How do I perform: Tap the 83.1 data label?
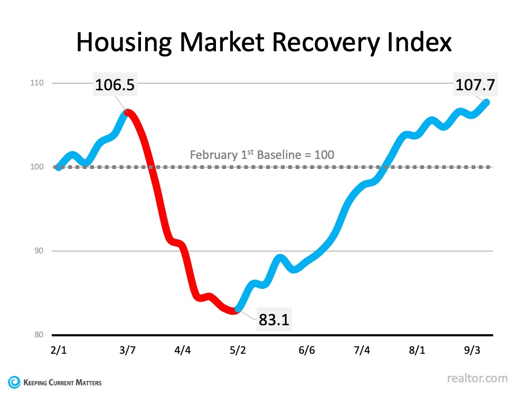274,319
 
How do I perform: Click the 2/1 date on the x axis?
59,351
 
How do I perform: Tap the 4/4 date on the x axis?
182,351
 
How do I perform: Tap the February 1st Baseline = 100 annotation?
262,155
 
